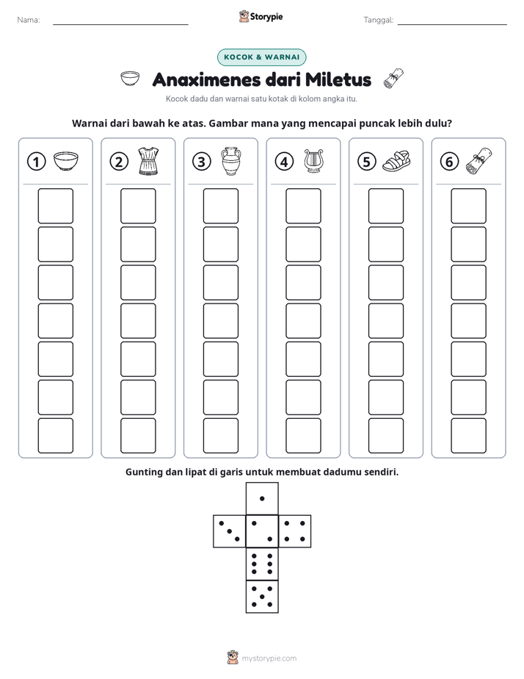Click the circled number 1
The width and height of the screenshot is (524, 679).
[36, 162]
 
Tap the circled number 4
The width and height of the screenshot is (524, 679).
[284, 162]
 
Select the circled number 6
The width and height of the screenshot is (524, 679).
[449, 162]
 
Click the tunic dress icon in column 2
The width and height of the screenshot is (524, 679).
[148, 161]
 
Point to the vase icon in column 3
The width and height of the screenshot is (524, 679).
[231, 161]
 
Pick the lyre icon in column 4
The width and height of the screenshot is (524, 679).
[313, 161]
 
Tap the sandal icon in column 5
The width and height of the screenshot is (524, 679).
[396, 161]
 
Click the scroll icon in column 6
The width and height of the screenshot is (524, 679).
[479, 161]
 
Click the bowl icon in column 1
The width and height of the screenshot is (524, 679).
[66, 161]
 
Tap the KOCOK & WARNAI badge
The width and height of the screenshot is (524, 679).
[261, 57]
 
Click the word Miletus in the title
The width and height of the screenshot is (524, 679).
[338, 79]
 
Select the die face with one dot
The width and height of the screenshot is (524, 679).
[262, 498]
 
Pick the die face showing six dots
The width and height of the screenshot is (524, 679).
[262, 564]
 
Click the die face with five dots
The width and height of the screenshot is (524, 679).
[262, 596]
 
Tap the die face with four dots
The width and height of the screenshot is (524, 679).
[294, 531]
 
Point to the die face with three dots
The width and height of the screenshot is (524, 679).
[230, 531]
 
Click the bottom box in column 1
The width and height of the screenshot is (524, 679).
[56, 436]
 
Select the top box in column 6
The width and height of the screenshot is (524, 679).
[469, 206]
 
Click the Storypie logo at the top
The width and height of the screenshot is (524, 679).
[261, 16]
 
